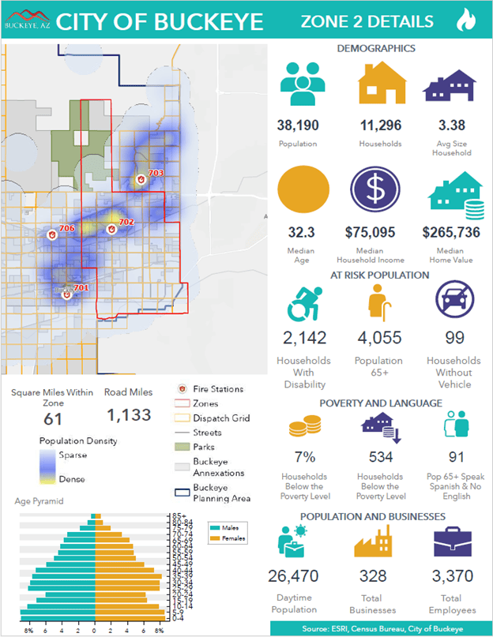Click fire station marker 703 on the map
[x=141, y=179]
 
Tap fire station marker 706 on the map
[x=53, y=234]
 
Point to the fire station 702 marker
[x=112, y=229]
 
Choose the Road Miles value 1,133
[x=129, y=415]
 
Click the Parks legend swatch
[x=181, y=448]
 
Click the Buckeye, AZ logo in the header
[x=26, y=18]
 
